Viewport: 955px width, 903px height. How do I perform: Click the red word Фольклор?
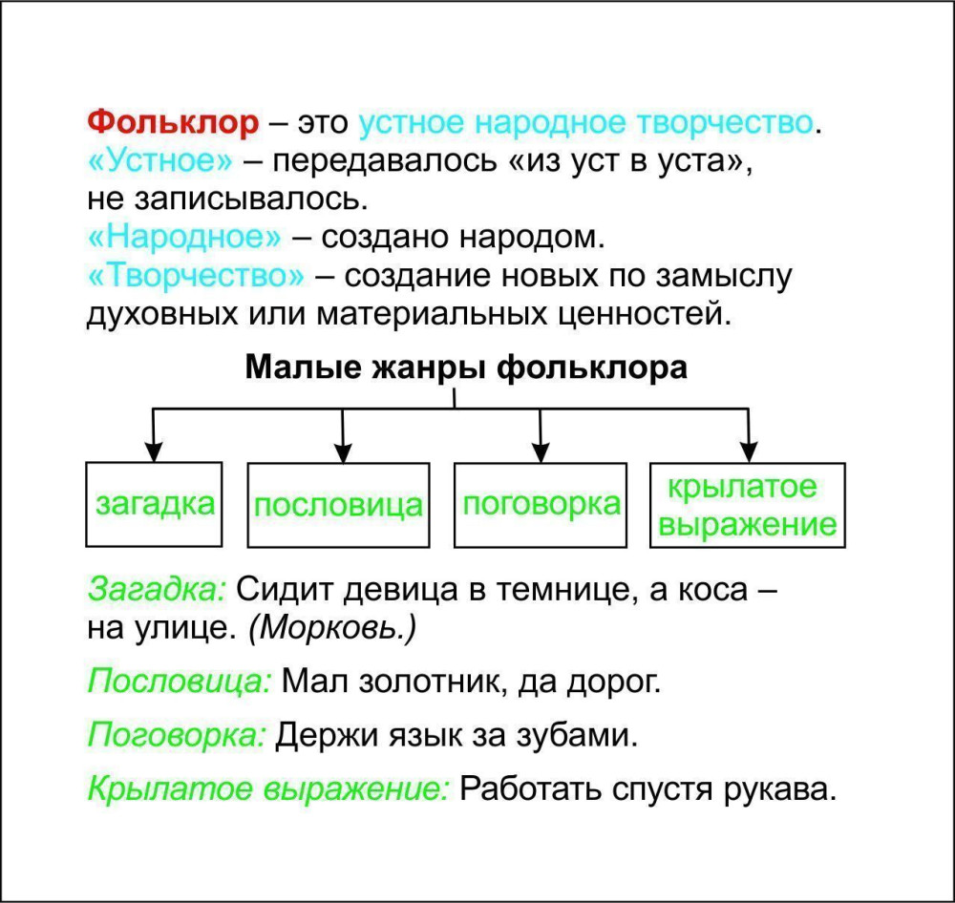tap(173, 122)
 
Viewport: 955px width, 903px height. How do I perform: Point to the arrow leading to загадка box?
tap(153, 434)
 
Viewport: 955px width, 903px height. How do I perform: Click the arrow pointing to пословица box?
tap(343, 435)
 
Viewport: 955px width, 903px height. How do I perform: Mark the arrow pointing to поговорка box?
tap(541, 435)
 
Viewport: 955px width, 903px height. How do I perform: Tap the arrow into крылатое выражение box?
tap(749, 435)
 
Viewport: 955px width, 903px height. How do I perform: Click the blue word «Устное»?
tap(160, 161)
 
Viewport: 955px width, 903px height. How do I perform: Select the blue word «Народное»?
tap(184, 238)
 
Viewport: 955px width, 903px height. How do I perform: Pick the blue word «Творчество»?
tap(196, 276)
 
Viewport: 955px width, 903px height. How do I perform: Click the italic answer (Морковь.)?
tap(333, 628)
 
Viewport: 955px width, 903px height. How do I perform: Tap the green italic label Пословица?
tap(180, 681)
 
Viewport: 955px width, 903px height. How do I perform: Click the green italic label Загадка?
tap(158, 589)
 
